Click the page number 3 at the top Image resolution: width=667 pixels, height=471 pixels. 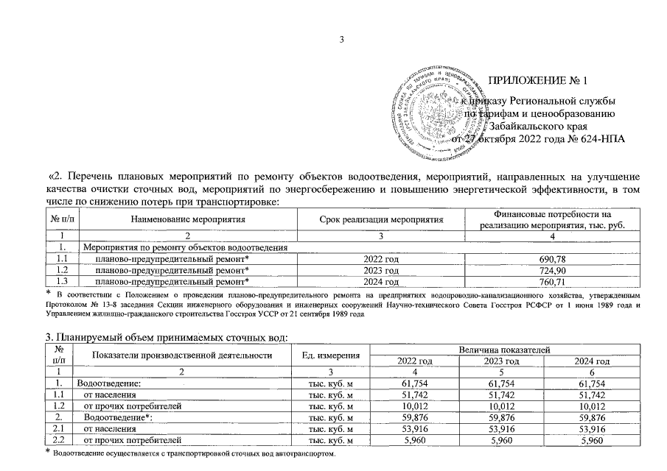point(342,40)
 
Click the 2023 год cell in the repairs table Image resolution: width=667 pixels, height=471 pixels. point(381,270)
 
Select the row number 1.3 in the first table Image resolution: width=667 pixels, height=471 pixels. point(62,281)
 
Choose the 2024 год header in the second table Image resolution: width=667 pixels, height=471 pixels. point(593,361)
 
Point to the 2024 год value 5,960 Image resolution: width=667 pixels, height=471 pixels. point(593,440)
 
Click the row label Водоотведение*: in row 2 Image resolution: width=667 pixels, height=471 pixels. point(114,417)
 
